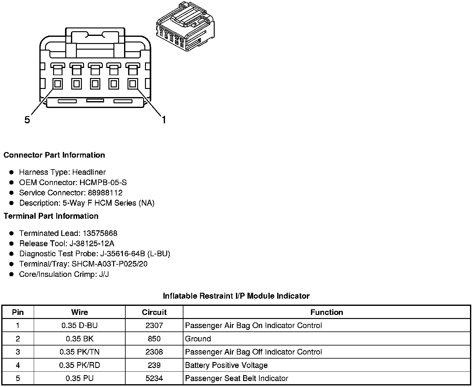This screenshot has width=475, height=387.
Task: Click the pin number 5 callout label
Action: (x=27, y=120)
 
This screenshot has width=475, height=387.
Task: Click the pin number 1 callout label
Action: (x=163, y=120)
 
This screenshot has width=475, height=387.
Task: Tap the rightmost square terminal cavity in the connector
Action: (x=132, y=84)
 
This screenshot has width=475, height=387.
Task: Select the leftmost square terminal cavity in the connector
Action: (x=57, y=84)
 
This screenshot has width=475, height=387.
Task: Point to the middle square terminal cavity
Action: (x=95, y=84)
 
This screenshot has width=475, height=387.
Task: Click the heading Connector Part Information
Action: (x=54, y=155)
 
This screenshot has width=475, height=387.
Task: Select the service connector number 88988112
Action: (x=105, y=193)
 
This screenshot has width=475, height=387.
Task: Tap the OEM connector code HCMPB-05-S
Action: (x=103, y=183)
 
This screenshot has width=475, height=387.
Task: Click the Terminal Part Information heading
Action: (x=51, y=216)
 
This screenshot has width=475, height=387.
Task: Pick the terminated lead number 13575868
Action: (x=100, y=233)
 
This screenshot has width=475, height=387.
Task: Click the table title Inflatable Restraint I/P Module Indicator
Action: (x=236, y=296)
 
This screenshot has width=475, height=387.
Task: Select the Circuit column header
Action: (x=154, y=312)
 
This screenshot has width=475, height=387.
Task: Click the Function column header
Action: (x=327, y=312)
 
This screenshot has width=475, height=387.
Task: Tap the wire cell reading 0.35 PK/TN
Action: (x=79, y=352)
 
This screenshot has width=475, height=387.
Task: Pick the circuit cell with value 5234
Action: (x=154, y=378)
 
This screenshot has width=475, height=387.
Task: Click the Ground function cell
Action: (x=198, y=339)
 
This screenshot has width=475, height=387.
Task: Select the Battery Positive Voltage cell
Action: (x=226, y=365)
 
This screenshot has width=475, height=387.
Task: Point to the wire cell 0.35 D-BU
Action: (x=79, y=326)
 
